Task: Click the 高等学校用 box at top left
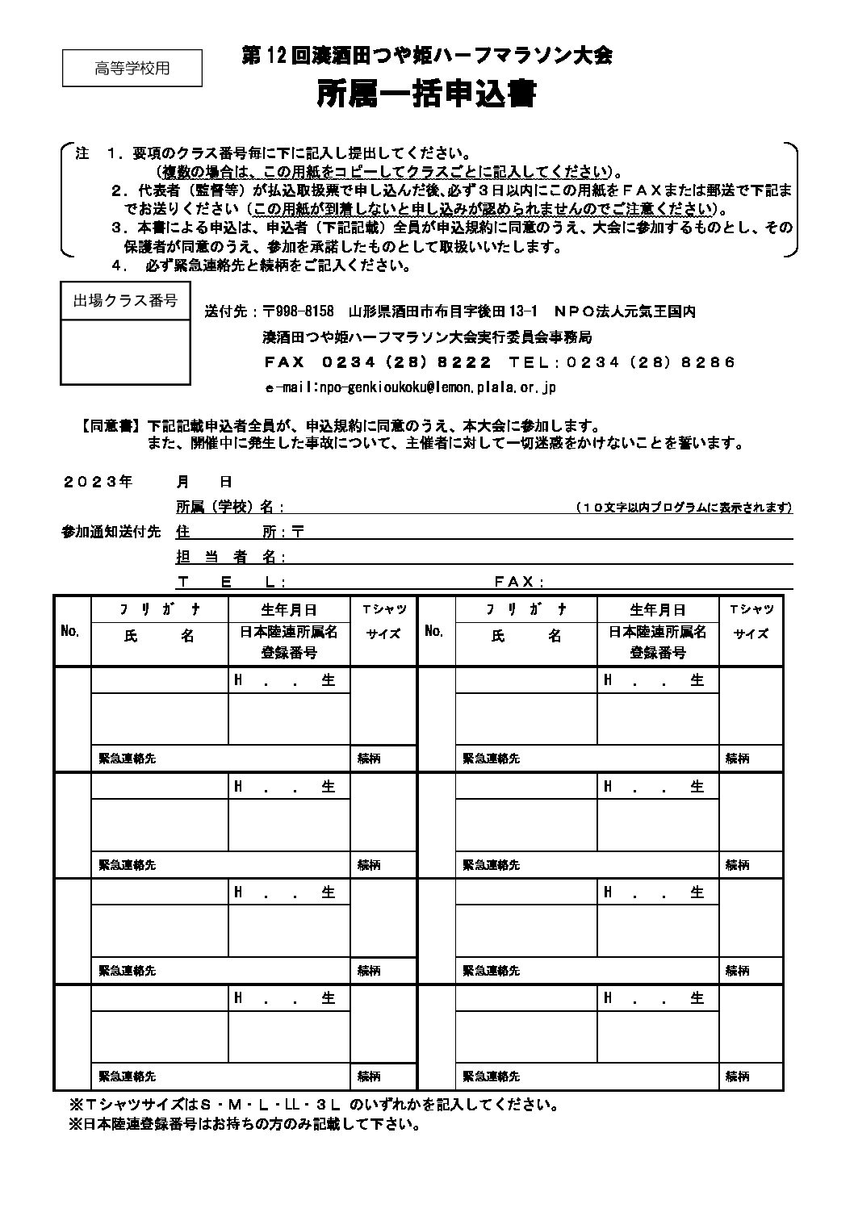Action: (x=132, y=68)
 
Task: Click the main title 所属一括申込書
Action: (x=426, y=95)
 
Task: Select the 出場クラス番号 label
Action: (x=126, y=301)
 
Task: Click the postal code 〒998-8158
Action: (x=298, y=311)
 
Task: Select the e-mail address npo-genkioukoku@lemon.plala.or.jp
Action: (x=411, y=387)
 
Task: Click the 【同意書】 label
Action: (x=111, y=426)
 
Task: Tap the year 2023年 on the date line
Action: (x=98, y=482)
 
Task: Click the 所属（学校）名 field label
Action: (x=229, y=507)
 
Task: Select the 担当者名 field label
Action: (x=229, y=557)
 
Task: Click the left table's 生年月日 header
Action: (x=289, y=609)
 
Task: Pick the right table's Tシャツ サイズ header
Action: (x=751, y=621)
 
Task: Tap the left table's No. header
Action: (x=71, y=631)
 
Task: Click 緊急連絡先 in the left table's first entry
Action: (x=127, y=759)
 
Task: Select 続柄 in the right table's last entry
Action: (x=737, y=1076)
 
